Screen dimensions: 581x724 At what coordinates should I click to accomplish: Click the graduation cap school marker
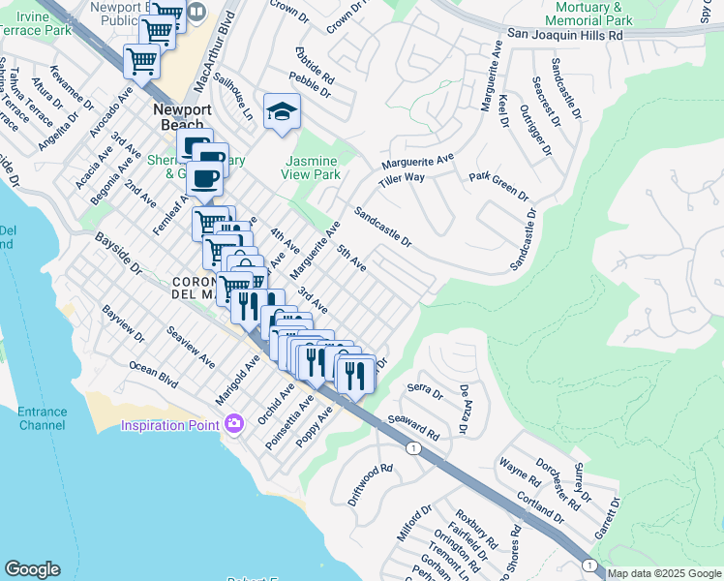tap(282, 112)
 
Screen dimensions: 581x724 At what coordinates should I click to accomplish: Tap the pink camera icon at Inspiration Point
tap(233, 424)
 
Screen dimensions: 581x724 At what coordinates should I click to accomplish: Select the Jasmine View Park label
tap(311, 168)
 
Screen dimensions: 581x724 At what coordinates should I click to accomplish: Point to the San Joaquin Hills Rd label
tap(563, 34)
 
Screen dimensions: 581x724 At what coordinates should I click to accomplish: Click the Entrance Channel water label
tap(42, 418)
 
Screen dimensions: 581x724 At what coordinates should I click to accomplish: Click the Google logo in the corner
tap(32, 569)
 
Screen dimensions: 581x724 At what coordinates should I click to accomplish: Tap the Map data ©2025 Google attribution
tap(664, 573)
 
